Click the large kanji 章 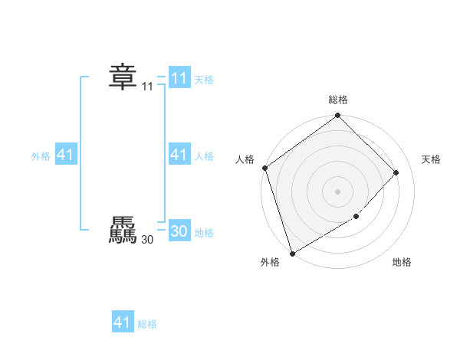(122, 77)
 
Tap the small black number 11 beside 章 (147, 87)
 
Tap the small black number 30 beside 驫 (147, 240)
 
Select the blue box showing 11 (179, 78)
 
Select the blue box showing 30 (179, 231)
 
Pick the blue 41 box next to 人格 (179, 155)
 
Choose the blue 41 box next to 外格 (65, 155)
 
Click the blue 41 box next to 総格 (122, 322)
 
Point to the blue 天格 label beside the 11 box (204, 80)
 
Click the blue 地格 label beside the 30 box (204, 233)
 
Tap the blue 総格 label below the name (147, 324)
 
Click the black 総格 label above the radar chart (338, 100)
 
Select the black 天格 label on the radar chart (432, 159)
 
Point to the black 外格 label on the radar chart (270, 263)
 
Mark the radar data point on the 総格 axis (338, 116)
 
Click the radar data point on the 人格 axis (264, 168)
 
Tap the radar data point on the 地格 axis (356, 218)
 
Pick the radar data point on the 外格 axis (293, 253)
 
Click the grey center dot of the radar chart (338, 191)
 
